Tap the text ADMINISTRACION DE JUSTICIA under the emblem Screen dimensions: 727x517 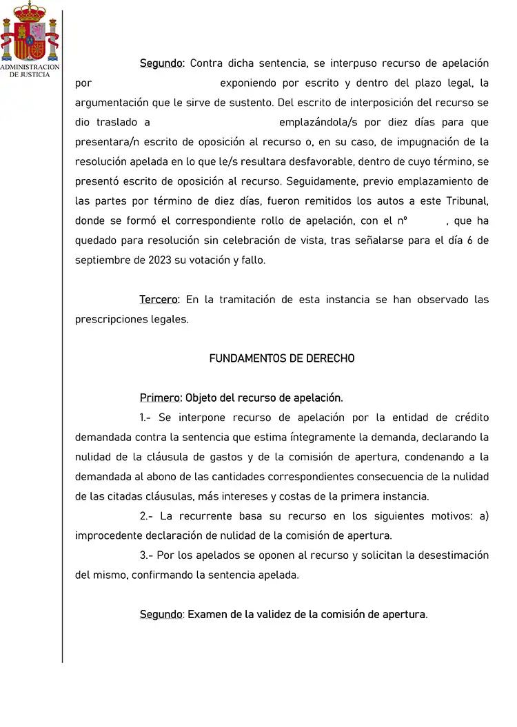(30, 70)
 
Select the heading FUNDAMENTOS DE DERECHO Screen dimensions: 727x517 (282, 358)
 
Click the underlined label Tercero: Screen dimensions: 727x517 (159, 300)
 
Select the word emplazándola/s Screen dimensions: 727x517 (315, 123)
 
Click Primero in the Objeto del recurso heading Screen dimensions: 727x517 (160, 398)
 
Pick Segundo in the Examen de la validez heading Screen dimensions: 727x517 (161, 614)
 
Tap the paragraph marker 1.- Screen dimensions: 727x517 (145, 418)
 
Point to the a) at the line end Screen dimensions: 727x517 (483, 516)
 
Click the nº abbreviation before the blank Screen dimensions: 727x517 (402, 221)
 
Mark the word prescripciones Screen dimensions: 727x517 (111, 320)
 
